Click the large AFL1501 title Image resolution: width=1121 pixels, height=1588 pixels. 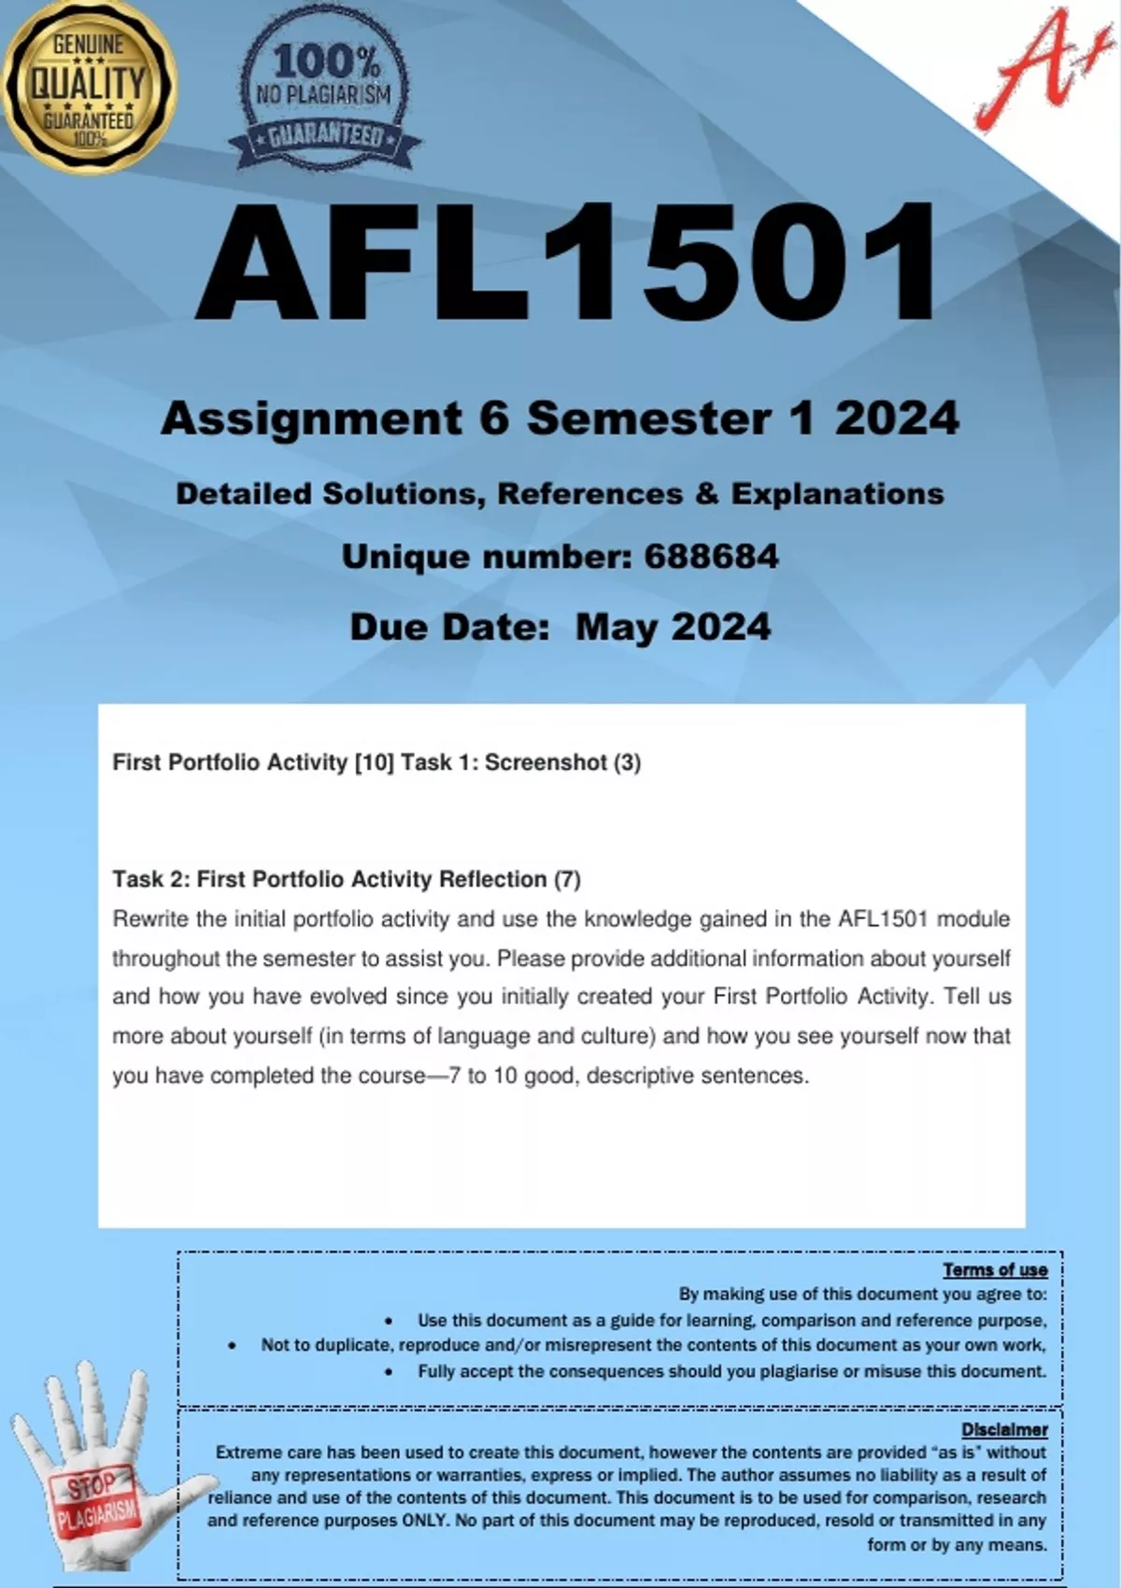(x=565, y=264)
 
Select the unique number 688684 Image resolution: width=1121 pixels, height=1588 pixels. (x=711, y=557)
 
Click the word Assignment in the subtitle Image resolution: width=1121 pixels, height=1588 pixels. (x=311, y=418)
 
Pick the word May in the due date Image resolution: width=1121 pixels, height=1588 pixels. (x=616, y=628)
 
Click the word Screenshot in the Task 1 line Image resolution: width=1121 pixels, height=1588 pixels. (x=546, y=762)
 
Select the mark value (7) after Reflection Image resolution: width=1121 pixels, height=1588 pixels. (x=567, y=879)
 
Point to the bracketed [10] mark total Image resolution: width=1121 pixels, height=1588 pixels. (x=374, y=762)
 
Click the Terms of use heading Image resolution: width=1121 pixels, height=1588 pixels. (x=995, y=1269)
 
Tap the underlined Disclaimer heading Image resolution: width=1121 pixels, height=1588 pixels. (x=1004, y=1429)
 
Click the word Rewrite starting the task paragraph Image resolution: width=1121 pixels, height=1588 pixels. (x=150, y=919)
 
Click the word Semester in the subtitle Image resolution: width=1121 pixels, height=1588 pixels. (x=649, y=418)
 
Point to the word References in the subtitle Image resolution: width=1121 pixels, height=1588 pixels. (x=589, y=494)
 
